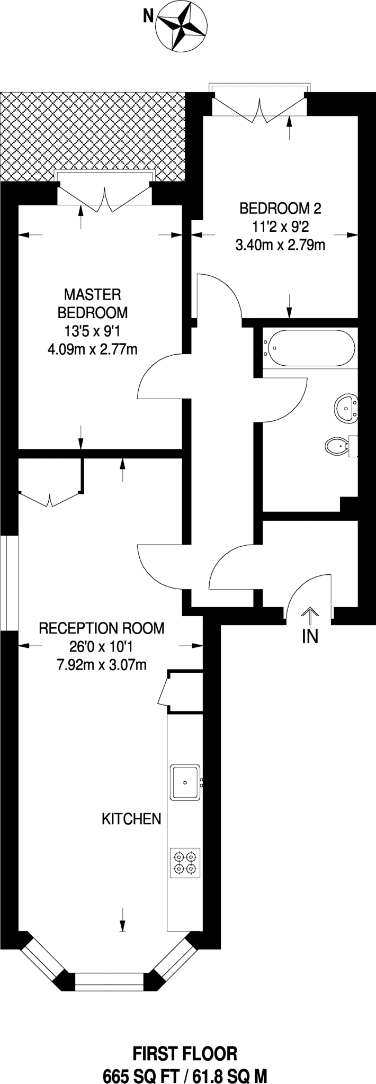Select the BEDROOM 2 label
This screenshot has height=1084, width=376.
tap(280, 208)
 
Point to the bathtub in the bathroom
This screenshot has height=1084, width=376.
tap(310, 347)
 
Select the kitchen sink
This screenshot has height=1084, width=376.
tap(185, 782)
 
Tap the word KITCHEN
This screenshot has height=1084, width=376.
tap(131, 819)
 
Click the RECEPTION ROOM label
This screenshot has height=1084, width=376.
tap(102, 628)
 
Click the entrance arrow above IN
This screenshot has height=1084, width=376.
tap(310, 614)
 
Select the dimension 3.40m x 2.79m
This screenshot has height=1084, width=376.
tap(280, 245)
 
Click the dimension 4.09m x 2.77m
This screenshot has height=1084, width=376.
tap(93, 349)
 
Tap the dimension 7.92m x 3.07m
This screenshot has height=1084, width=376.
tap(102, 664)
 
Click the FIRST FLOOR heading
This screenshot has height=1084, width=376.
tap(185, 1039)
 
